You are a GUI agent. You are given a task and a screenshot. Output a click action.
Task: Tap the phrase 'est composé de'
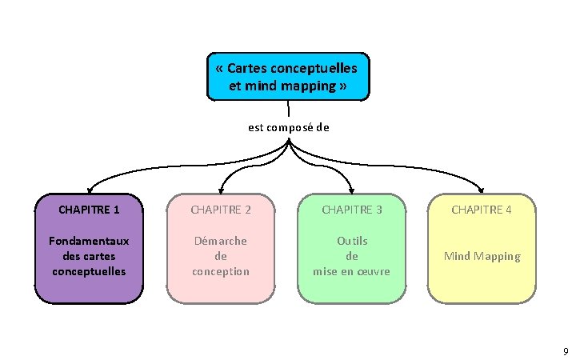(289, 126)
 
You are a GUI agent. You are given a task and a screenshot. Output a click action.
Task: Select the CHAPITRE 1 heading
(90, 210)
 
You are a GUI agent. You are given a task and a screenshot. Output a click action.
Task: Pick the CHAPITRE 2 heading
(221, 210)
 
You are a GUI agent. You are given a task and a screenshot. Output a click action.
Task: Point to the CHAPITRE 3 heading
(351, 210)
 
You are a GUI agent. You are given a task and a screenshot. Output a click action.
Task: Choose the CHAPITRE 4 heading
(481, 210)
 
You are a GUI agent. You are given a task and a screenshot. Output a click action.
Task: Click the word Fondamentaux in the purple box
(90, 241)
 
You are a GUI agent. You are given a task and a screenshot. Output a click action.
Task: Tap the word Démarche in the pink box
(221, 241)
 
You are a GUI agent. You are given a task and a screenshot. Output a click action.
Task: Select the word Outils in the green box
(352, 241)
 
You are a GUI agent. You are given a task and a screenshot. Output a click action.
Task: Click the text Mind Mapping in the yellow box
(482, 256)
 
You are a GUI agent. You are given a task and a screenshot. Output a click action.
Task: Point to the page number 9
(566, 350)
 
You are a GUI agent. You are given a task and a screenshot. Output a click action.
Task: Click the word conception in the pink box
(221, 271)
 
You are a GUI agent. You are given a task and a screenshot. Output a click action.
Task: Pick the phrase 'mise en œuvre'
(352, 271)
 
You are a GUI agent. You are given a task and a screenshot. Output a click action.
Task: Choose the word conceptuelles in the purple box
(90, 271)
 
